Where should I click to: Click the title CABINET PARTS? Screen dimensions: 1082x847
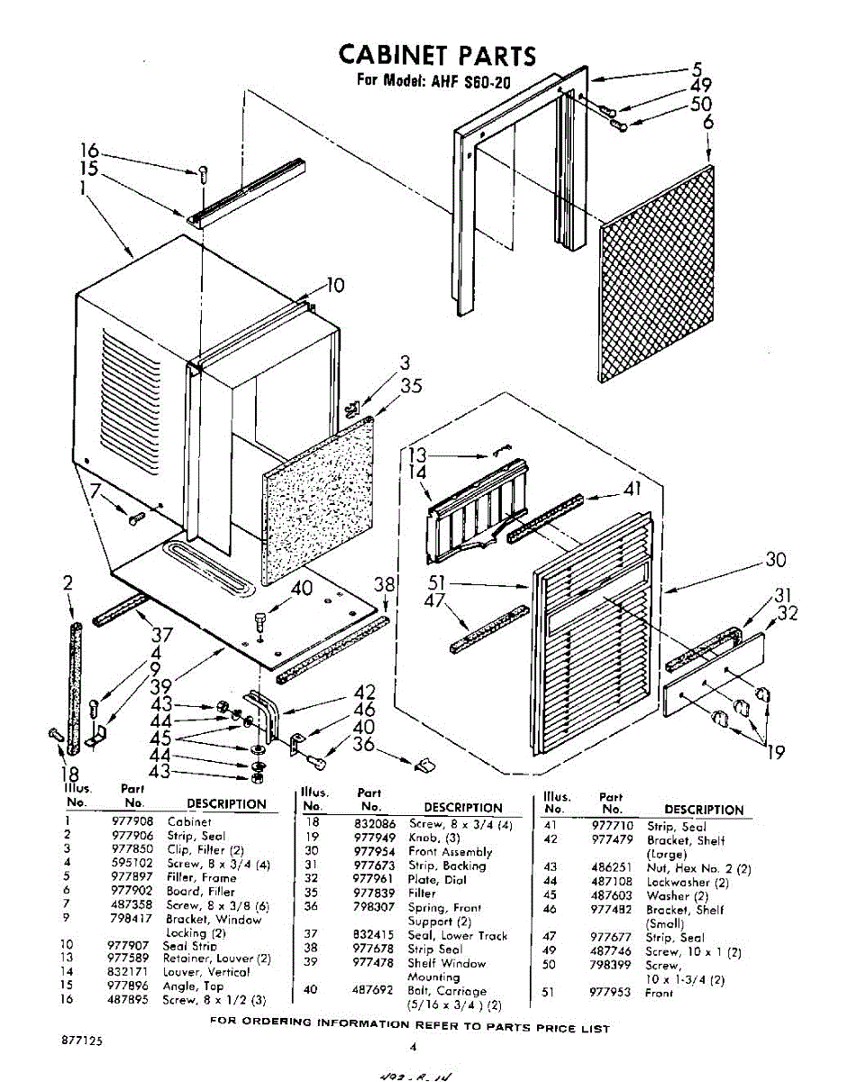437,56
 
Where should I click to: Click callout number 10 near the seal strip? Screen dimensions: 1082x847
334,286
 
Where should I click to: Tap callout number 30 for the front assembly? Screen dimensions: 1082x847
776,560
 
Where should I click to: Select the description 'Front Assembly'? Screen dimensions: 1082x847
451,851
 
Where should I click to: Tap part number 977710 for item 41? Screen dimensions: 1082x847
612,826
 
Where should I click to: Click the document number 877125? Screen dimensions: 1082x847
82,1040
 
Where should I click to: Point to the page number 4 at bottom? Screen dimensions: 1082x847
412,1047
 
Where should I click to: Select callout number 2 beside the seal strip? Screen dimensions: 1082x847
68,583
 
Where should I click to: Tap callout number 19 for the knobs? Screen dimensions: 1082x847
775,752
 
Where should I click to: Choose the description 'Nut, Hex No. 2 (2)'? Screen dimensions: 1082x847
698,868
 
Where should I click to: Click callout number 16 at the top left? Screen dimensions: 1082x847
87,151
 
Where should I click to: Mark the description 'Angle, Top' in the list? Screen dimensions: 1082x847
193,986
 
